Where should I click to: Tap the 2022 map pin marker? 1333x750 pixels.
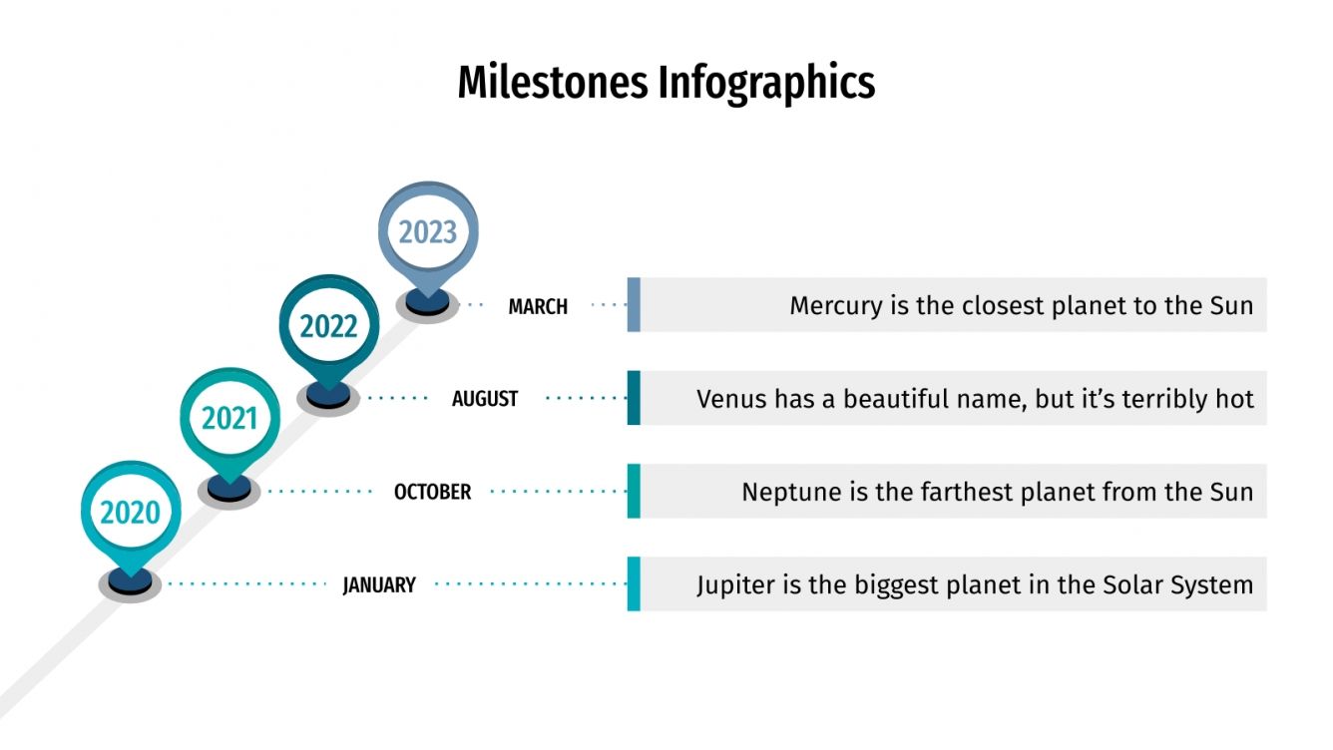point(329,326)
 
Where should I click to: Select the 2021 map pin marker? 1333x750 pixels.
point(229,419)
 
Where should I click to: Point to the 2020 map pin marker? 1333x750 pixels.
point(130,513)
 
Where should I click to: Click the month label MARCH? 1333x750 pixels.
point(538,306)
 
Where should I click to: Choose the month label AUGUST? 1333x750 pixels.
point(485,399)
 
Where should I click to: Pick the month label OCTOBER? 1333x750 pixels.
point(432,492)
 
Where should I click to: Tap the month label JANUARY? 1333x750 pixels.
point(379,585)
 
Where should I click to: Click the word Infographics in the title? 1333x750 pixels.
point(766,83)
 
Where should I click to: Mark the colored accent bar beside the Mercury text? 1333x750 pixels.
point(634,304)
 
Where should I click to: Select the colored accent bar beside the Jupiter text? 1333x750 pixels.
point(634,583)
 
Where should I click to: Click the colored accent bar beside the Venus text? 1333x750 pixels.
point(634,398)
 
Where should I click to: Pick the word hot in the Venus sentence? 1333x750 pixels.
point(1234,399)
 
